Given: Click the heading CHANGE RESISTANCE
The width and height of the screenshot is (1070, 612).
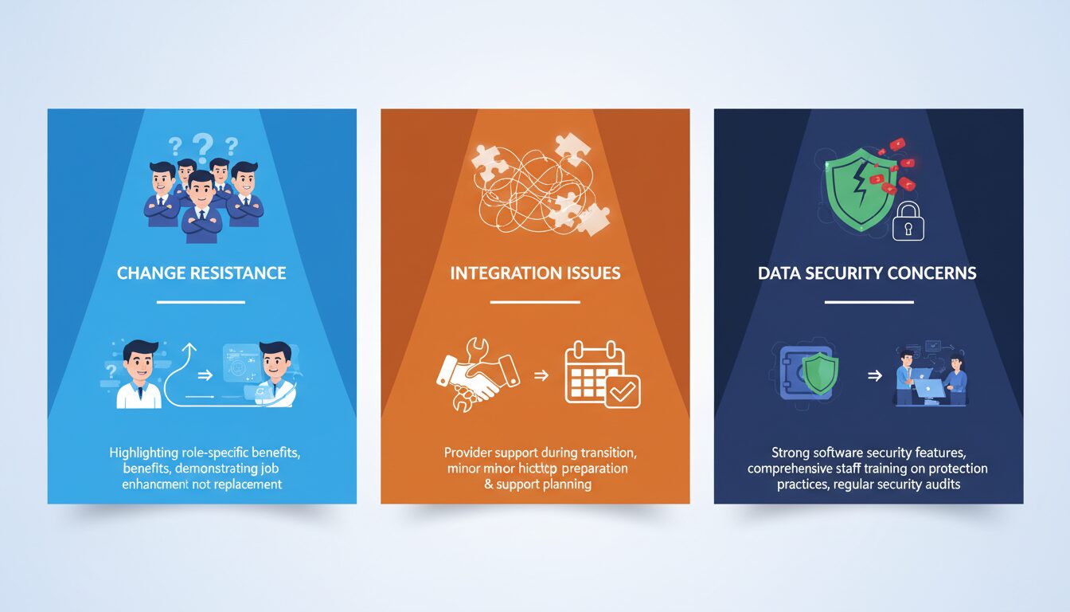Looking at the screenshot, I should click(x=201, y=273).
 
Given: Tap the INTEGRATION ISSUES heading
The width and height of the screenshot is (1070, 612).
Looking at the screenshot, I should click(x=535, y=273).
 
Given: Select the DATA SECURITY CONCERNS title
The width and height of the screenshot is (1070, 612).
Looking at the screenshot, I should click(x=868, y=273).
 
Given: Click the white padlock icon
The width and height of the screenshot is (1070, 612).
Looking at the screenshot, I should click(x=908, y=222).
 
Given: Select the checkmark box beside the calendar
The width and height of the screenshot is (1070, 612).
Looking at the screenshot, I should click(x=622, y=390).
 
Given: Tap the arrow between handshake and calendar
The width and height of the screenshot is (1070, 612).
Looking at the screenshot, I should click(x=541, y=374).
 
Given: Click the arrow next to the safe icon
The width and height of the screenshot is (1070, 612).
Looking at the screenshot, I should click(x=874, y=375).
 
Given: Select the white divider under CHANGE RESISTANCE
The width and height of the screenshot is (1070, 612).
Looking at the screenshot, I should click(x=201, y=302).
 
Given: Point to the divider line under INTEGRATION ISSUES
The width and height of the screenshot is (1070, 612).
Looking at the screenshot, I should click(x=535, y=302).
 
